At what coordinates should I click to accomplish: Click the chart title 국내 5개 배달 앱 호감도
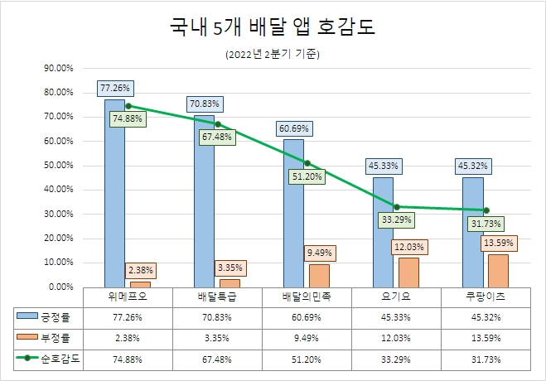pos(273,27)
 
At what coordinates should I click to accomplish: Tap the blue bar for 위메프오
pos(114,199)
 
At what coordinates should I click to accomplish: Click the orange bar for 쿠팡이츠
pos(498,271)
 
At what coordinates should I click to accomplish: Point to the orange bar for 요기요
pos(408,272)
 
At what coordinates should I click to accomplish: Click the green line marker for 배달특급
pos(217,123)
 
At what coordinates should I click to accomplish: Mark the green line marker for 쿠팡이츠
pos(486,210)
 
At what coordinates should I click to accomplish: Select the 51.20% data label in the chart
pos(307,177)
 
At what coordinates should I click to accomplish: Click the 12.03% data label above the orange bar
pos(408,247)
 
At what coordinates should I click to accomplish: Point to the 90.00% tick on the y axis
pos(58,68)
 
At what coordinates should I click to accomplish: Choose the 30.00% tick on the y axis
pos(58,214)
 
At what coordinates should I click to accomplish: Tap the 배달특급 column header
pos(217,296)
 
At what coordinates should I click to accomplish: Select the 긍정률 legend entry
pos(50,316)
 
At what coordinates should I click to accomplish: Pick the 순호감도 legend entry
pos(50,359)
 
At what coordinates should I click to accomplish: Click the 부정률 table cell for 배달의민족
pos(307,338)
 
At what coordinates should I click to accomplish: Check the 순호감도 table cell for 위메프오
pos(128,359)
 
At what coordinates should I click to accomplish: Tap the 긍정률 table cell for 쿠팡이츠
pos(486,316)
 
